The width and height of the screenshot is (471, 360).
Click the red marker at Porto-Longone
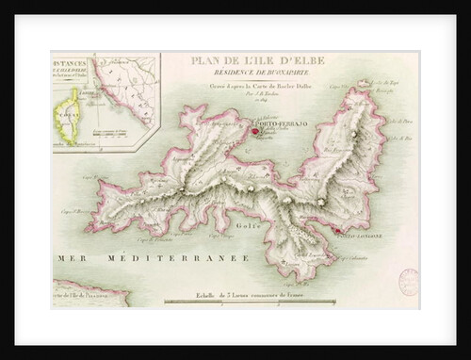pyautogui.click(x=333, y=229)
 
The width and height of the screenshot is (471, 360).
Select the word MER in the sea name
pyautogui.click(x=68, y=255)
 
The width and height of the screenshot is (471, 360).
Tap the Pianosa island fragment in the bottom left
pyautogui.click(x=89, y=294)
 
